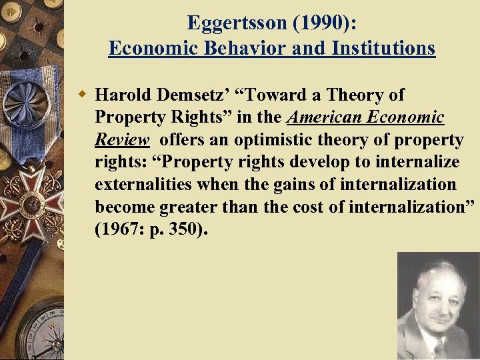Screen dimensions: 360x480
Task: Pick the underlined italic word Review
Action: [122, 140]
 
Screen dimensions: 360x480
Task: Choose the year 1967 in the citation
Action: [120, 230]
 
